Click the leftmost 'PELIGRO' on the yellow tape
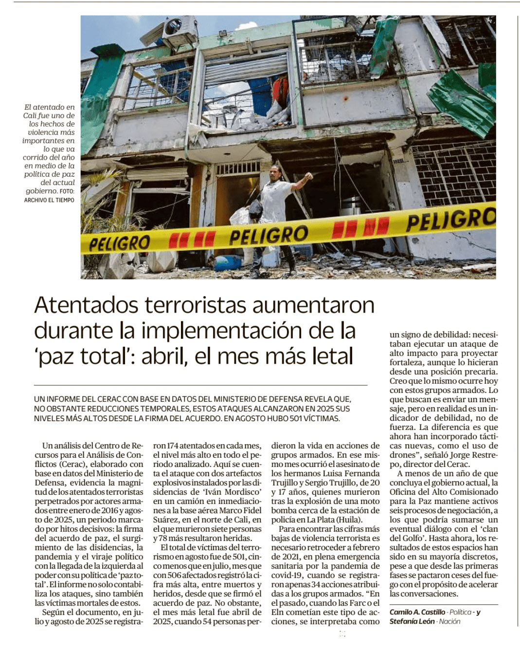pos(119,242)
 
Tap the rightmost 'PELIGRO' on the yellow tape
pos(450,220)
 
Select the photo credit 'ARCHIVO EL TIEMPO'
pos(49,200)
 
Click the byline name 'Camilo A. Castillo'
pos(417,612)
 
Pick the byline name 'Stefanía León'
pos(412,621)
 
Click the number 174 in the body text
pos(173,446)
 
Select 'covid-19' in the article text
pos(287,575)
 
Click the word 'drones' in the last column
pos(402,455)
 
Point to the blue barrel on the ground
pos(227,263)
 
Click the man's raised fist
pos(308,176)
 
